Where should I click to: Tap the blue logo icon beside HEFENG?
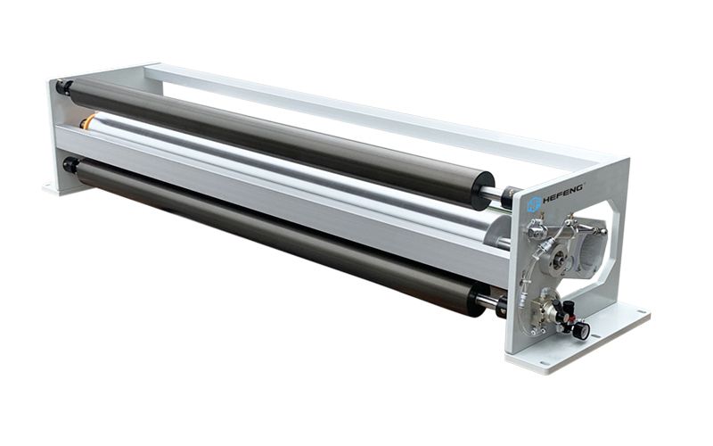[533, 203]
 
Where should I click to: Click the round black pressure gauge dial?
[582, 331]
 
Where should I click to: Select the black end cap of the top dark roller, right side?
[483, 190]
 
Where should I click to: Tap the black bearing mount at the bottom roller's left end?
[71, 165]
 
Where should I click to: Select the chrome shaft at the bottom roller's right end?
[487, 301]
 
